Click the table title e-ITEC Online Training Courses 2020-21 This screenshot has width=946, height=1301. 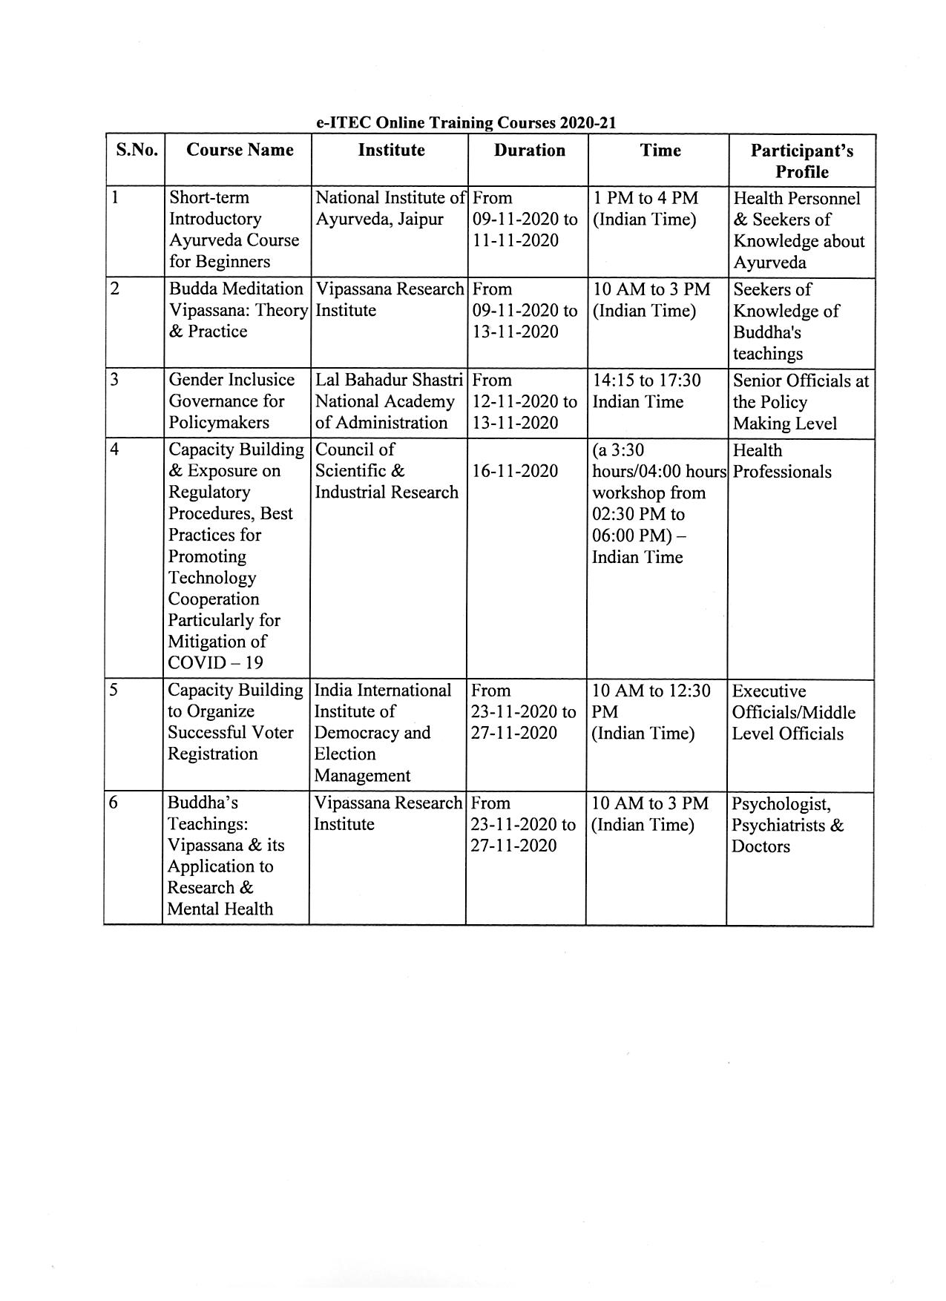466,122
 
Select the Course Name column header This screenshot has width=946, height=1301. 240,151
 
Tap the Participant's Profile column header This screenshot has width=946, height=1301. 801,161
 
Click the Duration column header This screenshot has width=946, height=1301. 529,151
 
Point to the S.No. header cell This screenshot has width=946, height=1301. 137,151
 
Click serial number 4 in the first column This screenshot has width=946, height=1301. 114,450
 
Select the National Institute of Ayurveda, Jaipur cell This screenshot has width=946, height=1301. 390,208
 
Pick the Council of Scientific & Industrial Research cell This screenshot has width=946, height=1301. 387,471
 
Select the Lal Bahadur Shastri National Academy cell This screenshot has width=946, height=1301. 389,401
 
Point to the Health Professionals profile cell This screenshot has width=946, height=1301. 781,461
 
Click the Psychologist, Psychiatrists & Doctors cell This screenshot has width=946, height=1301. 787,825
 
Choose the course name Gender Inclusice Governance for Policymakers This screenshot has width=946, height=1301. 231,401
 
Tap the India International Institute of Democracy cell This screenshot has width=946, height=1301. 382,733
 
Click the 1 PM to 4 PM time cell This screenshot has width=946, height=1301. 645,208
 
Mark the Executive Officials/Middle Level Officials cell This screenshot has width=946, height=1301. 793,713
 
